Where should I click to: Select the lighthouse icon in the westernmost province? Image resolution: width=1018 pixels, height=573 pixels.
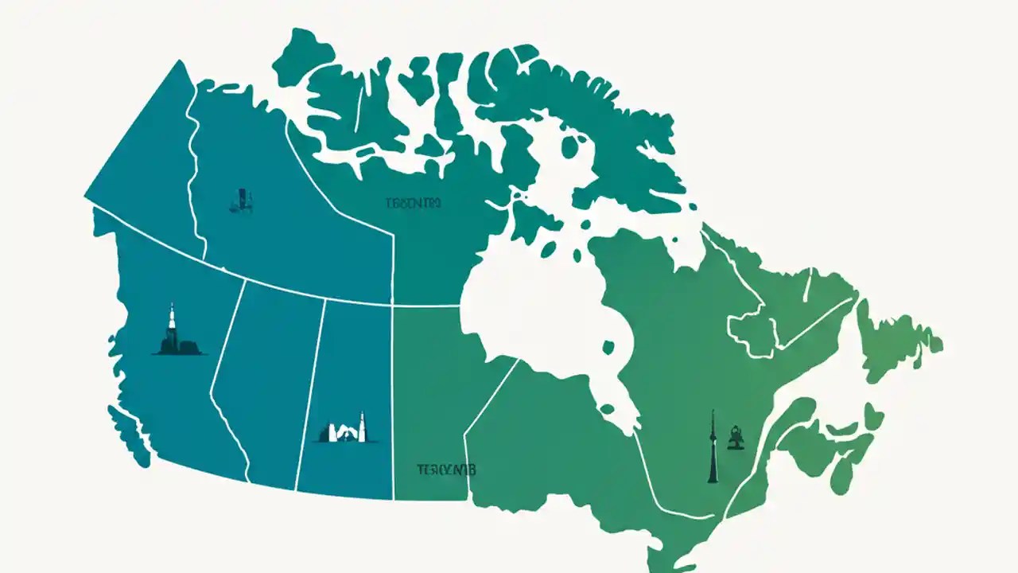pyautogui.click(x=171, y=330)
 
